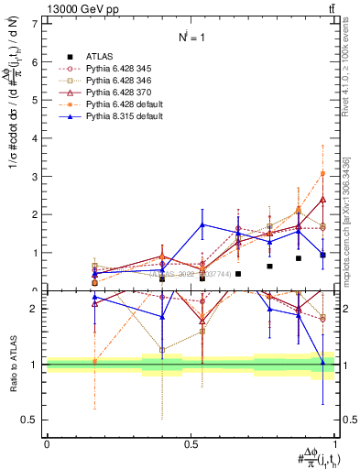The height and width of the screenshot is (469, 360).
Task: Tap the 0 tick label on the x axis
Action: pyautogui.click(x=47, y=443)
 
